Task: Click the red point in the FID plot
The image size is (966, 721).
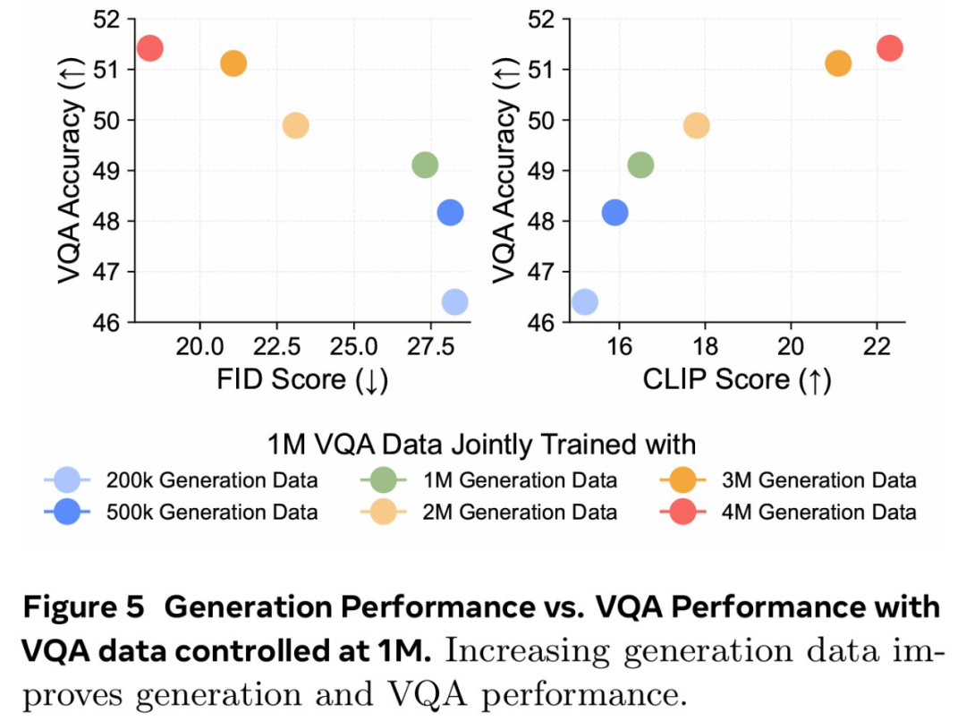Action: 150,48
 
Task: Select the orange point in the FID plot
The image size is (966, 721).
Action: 233,64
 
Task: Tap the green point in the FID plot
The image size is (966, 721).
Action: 425,165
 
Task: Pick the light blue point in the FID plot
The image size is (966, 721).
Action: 454,302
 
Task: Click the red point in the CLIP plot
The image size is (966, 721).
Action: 890,48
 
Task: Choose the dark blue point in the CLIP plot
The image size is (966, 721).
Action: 614,212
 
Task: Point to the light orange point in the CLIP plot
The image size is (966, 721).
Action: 697,125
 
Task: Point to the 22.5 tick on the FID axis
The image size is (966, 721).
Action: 277,345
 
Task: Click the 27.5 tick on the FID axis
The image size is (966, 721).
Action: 431,345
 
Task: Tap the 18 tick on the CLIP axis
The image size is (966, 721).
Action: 705,345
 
